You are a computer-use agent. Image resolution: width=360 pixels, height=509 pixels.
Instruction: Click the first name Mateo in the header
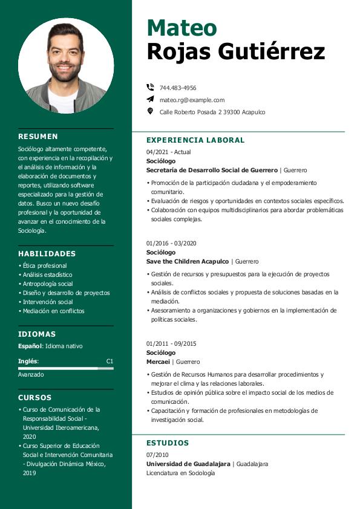pyautogui.click(x=182, y=27)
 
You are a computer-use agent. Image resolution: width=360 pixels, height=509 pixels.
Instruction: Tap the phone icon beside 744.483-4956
pyautogui.click(x=150, y=88)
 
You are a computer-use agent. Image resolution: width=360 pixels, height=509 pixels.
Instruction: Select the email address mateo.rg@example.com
pyautogui.click(x=192, y=100)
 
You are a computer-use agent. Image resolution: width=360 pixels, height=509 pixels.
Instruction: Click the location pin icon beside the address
pyautogui.click(x=150, y=111)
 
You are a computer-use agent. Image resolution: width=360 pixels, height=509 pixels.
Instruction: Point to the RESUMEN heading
pyautogui.click(x=38, y=137)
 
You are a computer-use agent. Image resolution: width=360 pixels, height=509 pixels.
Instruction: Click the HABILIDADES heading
pyautogui.click(x=47, y=254)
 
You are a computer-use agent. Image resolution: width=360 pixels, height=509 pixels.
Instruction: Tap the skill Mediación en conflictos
pyautogui.click(x=53, y=311)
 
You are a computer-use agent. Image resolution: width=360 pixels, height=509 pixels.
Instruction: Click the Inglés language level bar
pyautogui.click(x=65, y=368)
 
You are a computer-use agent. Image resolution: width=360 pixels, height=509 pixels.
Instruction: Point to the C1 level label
pyautogui.click(x=110, y=361)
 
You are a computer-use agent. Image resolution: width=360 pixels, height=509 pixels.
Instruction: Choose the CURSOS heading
pyautogui.click(x=35, y=398)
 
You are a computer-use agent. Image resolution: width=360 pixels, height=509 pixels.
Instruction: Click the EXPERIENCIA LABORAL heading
pyautogui.click(x=195, y=140)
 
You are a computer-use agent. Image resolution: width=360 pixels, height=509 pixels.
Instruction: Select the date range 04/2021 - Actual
pyautogui.click(x=168, y=152)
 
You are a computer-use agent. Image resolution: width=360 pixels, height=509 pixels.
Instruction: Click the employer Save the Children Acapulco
pyautogui.click(x=188, y=261)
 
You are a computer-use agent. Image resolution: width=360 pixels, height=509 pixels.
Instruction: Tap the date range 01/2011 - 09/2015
pyautogui.click(x=171, y=343)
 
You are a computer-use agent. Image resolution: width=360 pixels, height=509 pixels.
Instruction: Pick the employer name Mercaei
pyautogui.click(x=158, y=361)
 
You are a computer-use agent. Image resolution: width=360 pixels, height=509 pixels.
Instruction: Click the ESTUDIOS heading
pyautogui.click(x=168, y=443)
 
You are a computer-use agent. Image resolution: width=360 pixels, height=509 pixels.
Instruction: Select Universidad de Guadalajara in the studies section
pyautogui.click(x=188, y=464)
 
